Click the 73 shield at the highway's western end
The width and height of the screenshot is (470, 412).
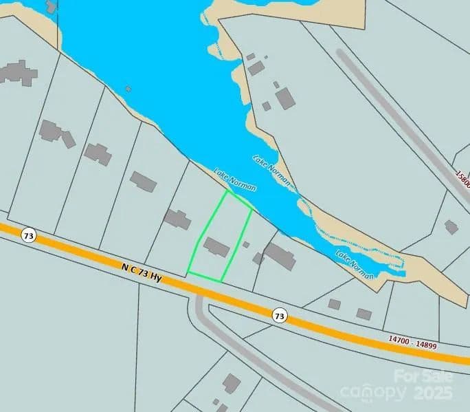pyautogui.click(x=28, y=235)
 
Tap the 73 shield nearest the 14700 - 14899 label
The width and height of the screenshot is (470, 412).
pyautogui.click(x=278, y=316)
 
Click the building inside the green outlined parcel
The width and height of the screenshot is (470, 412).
pyautogui.click(x=216, y=246)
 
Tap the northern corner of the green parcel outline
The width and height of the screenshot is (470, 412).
pyautogui.click(x=227, y=191)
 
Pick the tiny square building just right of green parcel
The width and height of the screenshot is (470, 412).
pyautogui.click(x=246, y=244)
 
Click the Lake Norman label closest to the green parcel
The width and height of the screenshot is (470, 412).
pyautogui.click(x=235, y=180)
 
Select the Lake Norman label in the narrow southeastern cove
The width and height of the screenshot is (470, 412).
pyautogui.click(x=355, y=264)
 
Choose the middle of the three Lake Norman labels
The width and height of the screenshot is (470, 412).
pyautogui.click(x=272, y=170)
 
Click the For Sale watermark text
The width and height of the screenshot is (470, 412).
pyautogui.click(x=423, y=376)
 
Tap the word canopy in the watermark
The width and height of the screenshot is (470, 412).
pyautogui.click(x=372, y=393)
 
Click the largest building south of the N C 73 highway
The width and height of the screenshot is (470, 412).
pyautogui.click(x=232, y=383)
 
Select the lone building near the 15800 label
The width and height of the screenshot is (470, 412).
pyautogui.click(x=451, y=226)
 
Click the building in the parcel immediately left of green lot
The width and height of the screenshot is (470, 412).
pyautogui.click(x=177, y=219)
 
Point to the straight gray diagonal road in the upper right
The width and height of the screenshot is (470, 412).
pyautogui.click(x=399, y=117)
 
